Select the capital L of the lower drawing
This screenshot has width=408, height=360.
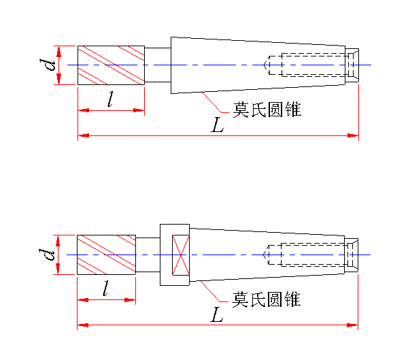(x=217, y=315)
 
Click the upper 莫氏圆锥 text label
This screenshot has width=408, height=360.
(x=267, y=110)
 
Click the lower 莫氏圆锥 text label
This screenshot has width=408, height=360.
(x=267, y=299)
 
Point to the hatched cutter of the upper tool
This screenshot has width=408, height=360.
(x=111, y=65)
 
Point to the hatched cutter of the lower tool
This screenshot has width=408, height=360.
(x=107, y=255)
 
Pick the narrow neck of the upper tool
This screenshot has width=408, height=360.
(x=157, y=65)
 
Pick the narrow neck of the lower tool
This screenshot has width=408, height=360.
(x=148, y=255)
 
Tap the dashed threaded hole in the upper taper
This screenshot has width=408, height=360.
(x=309, y=65)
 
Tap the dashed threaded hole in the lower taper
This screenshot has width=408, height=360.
(x=309, y=255)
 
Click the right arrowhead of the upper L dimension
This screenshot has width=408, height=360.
(x=354, y=136)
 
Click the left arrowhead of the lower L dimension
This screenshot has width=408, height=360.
(x=82, y=325)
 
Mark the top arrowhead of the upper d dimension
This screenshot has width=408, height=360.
(x=59, y=50)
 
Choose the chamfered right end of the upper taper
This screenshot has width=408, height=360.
(x=354, y=65)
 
